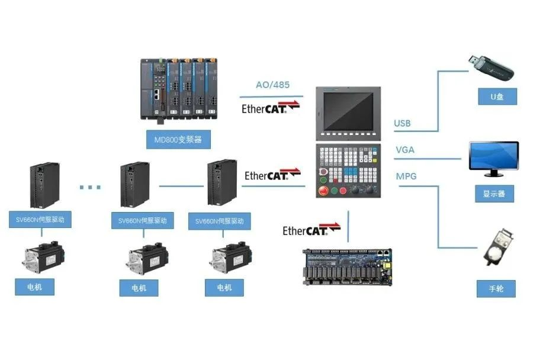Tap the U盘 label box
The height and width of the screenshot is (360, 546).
[497, 97]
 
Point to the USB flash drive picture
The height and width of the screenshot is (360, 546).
[491, 67]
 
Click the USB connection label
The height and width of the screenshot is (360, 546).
[402, 124]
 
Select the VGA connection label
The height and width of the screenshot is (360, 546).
[405, 150]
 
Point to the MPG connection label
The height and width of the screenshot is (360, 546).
[406, 176]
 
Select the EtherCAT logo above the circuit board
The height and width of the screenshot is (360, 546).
[311, 230]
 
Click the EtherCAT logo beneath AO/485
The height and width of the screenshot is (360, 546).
[271, 108]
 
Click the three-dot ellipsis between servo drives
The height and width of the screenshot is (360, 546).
[90, 187]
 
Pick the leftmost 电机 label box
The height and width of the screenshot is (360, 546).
[35, 287]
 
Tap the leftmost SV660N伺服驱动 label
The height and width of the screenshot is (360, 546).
[40, 220]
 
